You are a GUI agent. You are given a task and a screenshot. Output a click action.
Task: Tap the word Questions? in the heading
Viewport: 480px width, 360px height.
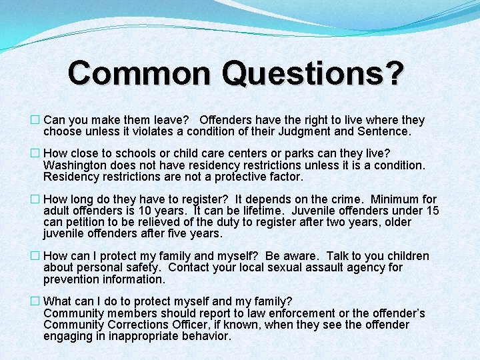coord(313,73)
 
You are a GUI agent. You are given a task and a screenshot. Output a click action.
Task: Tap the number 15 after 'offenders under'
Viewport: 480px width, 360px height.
coord(432,211)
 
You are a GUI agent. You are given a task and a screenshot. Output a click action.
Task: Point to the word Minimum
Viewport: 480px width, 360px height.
coord(397,199)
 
